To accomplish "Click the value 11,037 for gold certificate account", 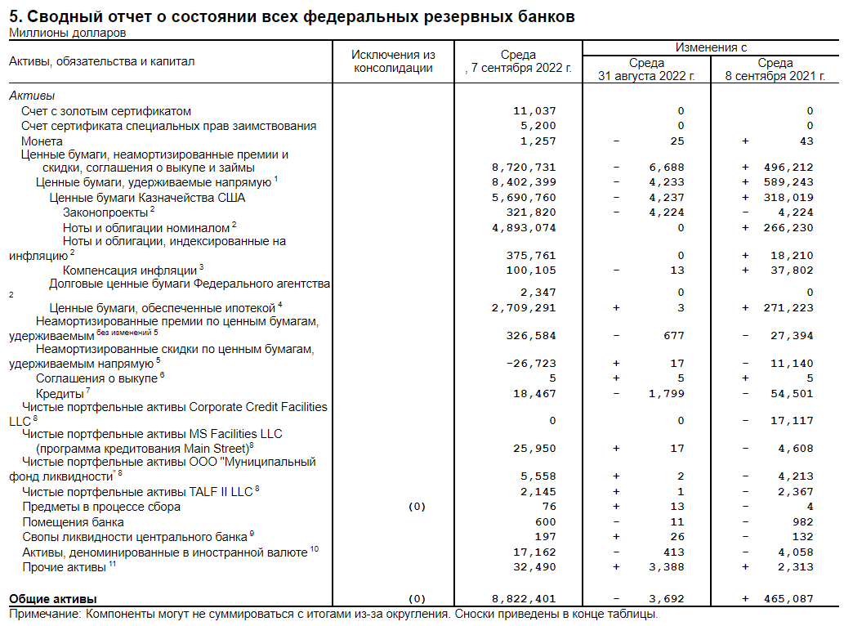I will click(534, 110).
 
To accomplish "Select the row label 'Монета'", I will click(42, 141).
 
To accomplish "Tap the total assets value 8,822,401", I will click(523, 598).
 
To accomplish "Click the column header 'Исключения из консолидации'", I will click(393, 61).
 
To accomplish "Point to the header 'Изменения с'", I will click(711, 47).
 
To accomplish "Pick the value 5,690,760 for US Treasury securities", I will click(523, 198).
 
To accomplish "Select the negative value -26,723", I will click(531, 363).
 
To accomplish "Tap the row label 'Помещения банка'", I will click(73, 521).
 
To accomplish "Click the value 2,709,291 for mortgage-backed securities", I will click(523, 308).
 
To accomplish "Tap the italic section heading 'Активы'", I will click(32, 96).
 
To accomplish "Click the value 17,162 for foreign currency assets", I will click(534, 552).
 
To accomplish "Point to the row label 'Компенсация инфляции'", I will click(129, 271).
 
